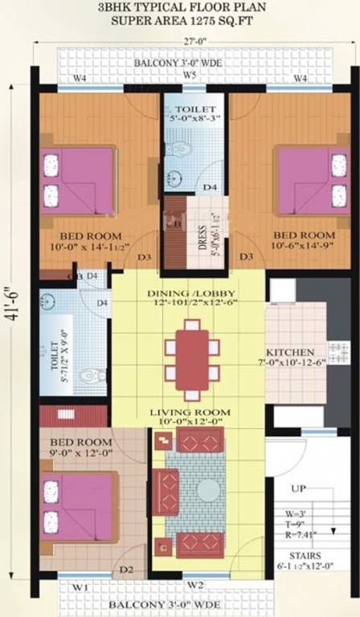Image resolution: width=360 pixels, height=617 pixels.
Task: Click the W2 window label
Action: (195, 584)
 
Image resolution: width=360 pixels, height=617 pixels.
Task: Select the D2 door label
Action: (126, 570)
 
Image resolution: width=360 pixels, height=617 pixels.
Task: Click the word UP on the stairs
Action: (299, 488)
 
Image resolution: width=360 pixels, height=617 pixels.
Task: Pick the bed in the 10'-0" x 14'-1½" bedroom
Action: (79, 178)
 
